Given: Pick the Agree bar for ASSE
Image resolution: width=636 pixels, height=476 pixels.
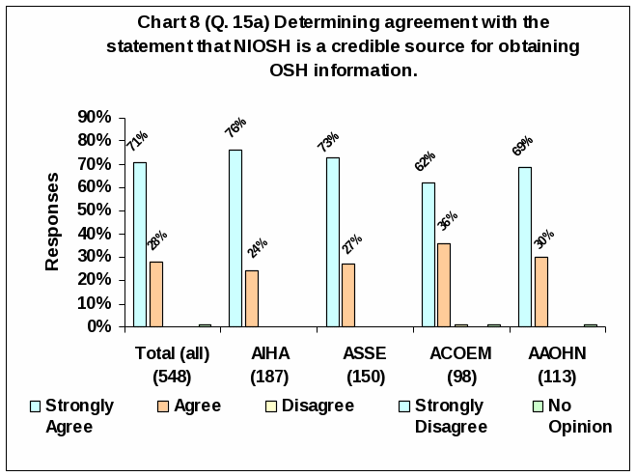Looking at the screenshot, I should pos(347,294).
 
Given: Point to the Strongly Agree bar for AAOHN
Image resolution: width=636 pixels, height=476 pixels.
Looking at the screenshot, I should pos(525,246).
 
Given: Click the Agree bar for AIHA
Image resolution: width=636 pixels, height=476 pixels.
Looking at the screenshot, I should pos(251,298).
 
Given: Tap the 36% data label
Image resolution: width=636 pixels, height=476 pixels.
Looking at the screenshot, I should pos(447,221).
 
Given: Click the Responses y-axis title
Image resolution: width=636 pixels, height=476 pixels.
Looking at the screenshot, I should pos(53,221).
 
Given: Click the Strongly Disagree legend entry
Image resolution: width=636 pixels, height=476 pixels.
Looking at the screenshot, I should pos(450,416).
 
